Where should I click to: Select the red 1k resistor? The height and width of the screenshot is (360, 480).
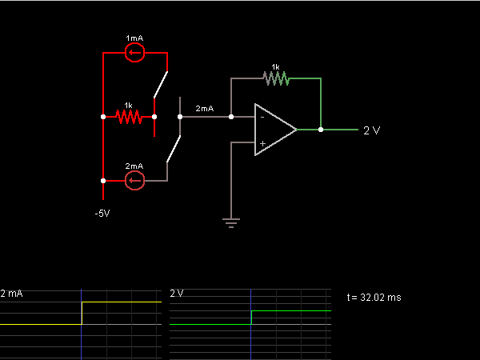pyautogui.click(x=129, y=117)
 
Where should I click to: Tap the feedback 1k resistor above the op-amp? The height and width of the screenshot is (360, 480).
pyautogui.click(x=276, y=78)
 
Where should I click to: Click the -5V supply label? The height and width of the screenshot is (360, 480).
pyautogui.click(x=102, y=214)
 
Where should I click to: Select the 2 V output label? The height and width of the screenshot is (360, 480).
pyautogui.click(x=372, y=130)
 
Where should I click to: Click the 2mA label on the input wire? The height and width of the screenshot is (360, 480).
pyautogui.click(x=205, y=108)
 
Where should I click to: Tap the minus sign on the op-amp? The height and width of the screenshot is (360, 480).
pyautogui.click(x=262, y=118)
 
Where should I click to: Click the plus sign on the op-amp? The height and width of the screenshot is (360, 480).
pyautogui.click(x=262, y=143)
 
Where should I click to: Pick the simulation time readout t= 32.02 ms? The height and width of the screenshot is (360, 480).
pyautogui.click(x=374, y=298)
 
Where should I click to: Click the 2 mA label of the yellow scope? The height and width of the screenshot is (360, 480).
pyautogui.click(x=12, y=294)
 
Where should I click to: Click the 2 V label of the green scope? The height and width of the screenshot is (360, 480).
pyautogui.click(x=177, y=294)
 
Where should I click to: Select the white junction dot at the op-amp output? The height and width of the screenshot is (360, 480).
pyautogui.click(x=321, y=130)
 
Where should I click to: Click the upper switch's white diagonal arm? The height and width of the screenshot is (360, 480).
pyautogui.click(x=161, y=85)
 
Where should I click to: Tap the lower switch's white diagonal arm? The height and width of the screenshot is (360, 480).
pyautogui.click(x=174, y=149)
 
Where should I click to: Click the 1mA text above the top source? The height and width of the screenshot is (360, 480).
pyautogui.click(x=134, y=38)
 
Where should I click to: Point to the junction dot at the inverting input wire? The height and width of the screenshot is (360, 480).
pyautogui.click(x=231, y=117)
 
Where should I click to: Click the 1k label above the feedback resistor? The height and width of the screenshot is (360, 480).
pyautogui.click(x=275, y=66)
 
